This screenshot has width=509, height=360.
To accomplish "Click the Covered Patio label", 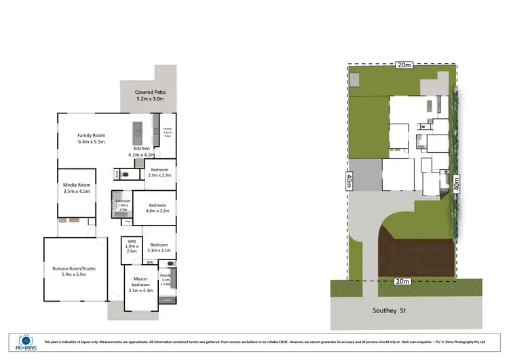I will pyautogui.click(x=151, y=92).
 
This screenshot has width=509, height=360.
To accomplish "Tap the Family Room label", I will pyautogui.click(x=90, y=136).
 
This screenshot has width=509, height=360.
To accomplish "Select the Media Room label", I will pyautogui.click(x=76, y=184).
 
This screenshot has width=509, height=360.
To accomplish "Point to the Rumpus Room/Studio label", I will pyautogui.click(x=74, y=268).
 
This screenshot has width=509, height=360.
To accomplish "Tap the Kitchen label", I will pyautogui.click(x=141, y=148).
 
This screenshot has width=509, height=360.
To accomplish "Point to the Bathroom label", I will pyautogui.click(x=122, y=201).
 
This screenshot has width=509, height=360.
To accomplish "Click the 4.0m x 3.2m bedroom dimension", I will pyautogui.click(x=157, y=211).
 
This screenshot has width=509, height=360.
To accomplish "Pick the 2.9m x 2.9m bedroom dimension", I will pyautogui.click(x=160, y=175).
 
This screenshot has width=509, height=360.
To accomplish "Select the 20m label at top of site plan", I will pyautogui.click(x=404, y=65).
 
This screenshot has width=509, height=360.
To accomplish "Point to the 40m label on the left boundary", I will pyautogui.click(x=349, y=182).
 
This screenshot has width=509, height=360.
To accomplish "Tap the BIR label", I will pyautogui.click(x=150, y=262).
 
